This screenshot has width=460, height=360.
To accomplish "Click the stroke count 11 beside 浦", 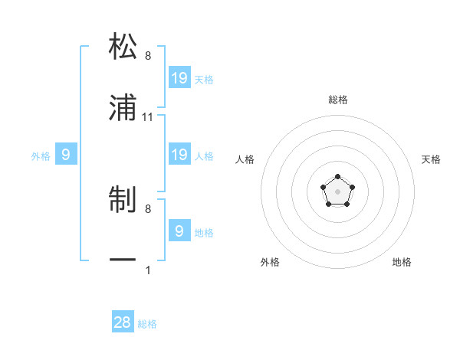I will (x=149, y=117).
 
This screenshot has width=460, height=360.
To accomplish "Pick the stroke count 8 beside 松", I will (x=147, y=56).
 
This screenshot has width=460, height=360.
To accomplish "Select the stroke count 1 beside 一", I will (x=147, y=270).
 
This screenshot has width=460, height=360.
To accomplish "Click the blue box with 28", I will (x=123, y=322).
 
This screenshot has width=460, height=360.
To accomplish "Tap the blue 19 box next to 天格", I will (x=179, y=78).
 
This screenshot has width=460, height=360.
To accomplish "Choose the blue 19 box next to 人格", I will (x=179, y=155).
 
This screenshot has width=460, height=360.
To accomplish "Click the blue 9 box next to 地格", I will (x=179, y=231).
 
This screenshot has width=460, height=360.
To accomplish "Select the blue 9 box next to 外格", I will (x=66, y=155).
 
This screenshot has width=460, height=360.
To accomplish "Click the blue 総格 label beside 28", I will (x=147, y=324).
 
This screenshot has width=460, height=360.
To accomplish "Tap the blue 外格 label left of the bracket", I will (x=41, y=156).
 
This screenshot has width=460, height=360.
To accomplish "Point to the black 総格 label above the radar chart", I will (x=338, y=100).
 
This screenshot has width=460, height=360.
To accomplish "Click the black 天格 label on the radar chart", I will (x=431, y=159).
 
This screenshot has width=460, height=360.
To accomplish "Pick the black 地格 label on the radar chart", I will (x=402, y=262).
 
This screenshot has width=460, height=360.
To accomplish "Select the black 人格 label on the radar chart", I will (x=245, y=159).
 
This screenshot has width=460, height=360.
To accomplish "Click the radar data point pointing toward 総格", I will (x=338, y=178).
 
